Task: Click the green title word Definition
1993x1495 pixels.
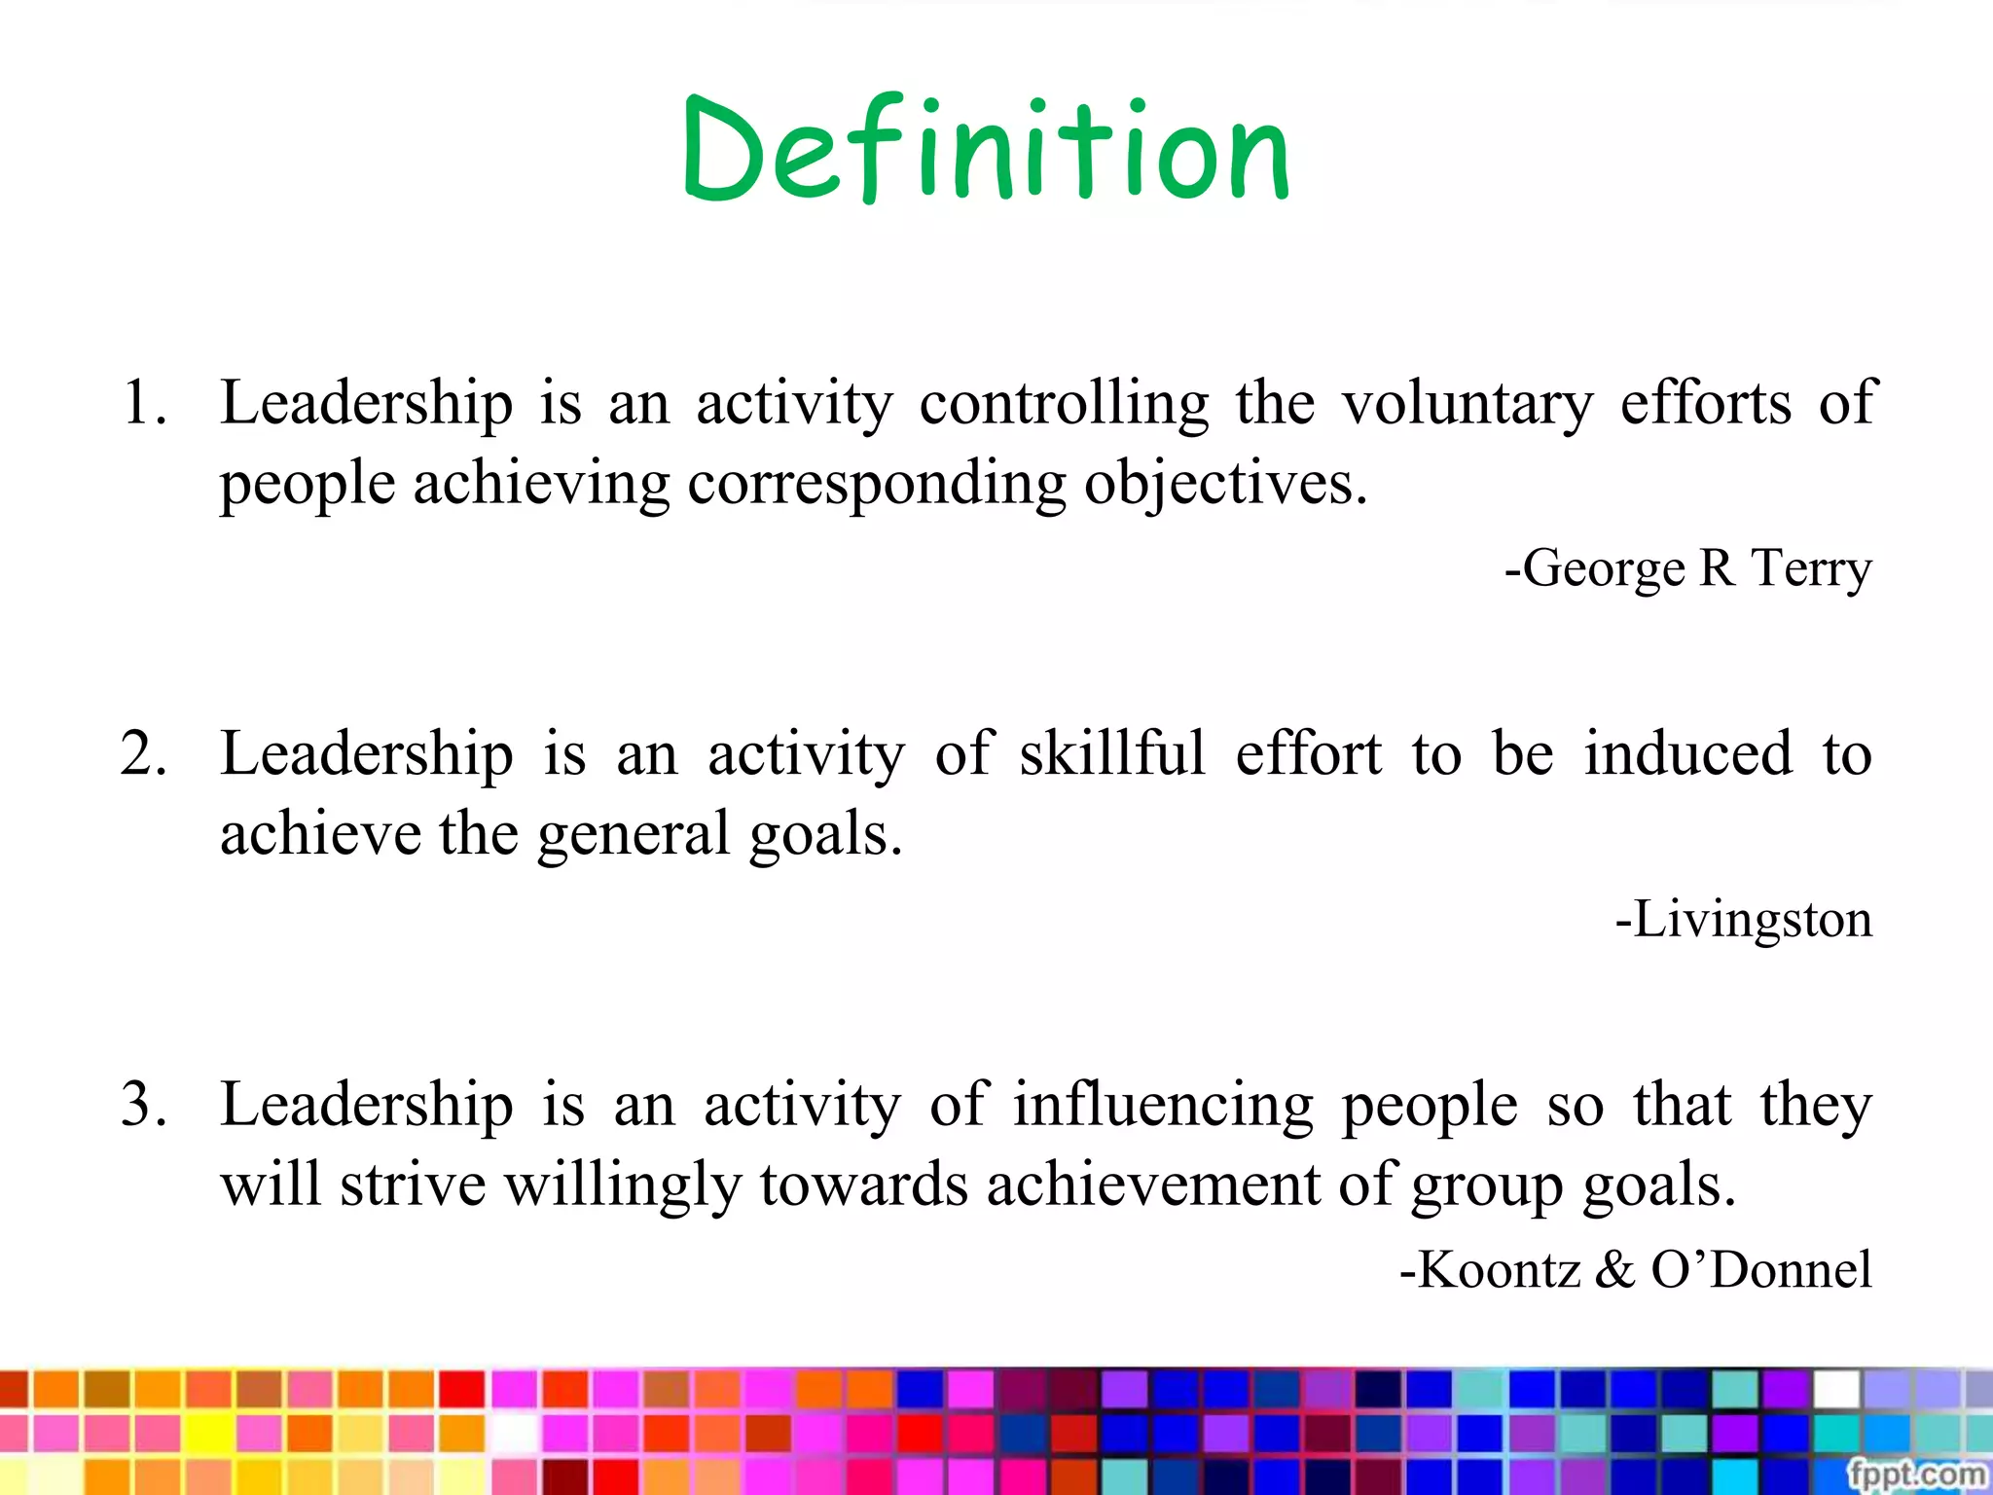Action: click(987, 150)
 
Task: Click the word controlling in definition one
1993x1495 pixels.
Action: click(1064, 402)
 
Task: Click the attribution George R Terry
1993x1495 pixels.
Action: click(1688, 567)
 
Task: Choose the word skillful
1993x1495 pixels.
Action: click(1112, 753)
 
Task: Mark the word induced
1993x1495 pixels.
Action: click(1687, 753)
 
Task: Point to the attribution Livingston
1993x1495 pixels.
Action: click(1744, 919)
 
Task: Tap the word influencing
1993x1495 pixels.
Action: click(1163, 1105)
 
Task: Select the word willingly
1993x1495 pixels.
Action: click(623, 1185)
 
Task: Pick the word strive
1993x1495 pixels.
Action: click(412, 1185)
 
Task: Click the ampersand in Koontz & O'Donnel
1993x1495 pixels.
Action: click(1614, 1269)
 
